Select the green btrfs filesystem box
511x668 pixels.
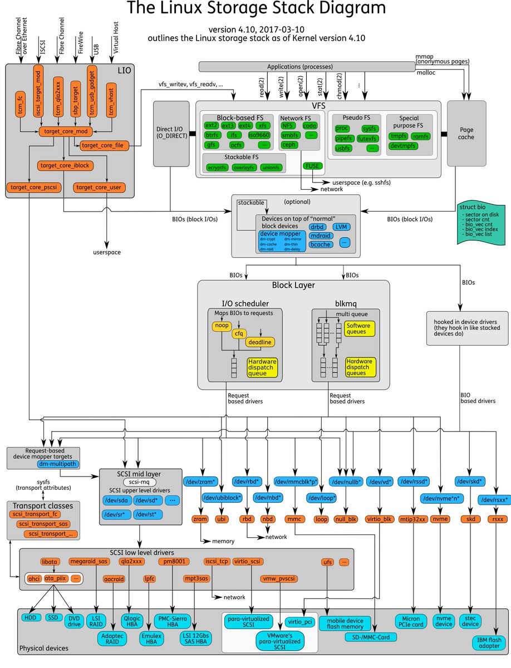[211, 135]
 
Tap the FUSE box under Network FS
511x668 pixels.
[311, 166]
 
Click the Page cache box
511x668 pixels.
[466, 134]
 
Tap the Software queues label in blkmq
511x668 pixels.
[358, 329]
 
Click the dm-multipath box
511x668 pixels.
[58, 463]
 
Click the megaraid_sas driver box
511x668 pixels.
[88, 561]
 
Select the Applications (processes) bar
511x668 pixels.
[307, 66]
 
